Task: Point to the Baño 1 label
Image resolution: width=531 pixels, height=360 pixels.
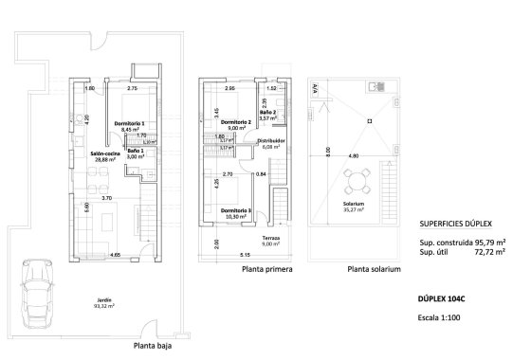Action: point(135,152)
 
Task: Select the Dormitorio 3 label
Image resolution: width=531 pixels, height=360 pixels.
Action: point(235,210)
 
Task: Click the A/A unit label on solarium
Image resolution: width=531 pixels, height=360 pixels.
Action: point(314,88)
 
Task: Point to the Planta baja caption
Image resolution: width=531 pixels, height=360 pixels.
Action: point(155,348)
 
